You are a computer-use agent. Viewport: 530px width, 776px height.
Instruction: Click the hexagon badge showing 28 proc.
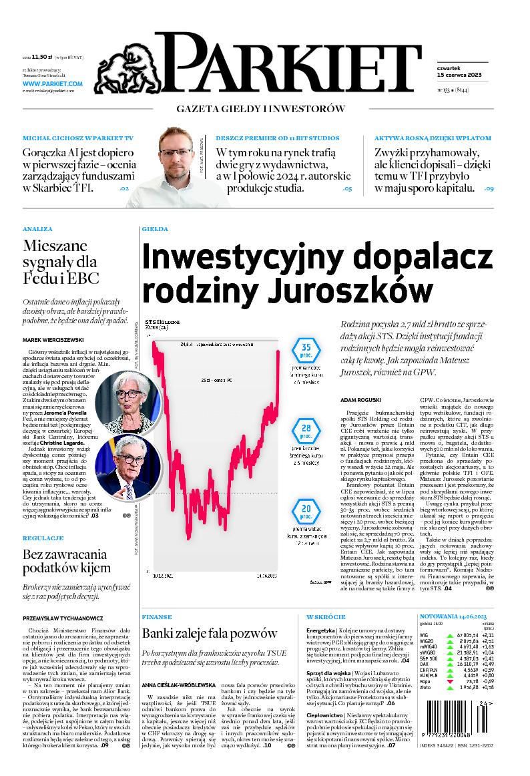coord(306,431)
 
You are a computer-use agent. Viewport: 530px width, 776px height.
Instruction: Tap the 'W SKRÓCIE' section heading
coord(326,616)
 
